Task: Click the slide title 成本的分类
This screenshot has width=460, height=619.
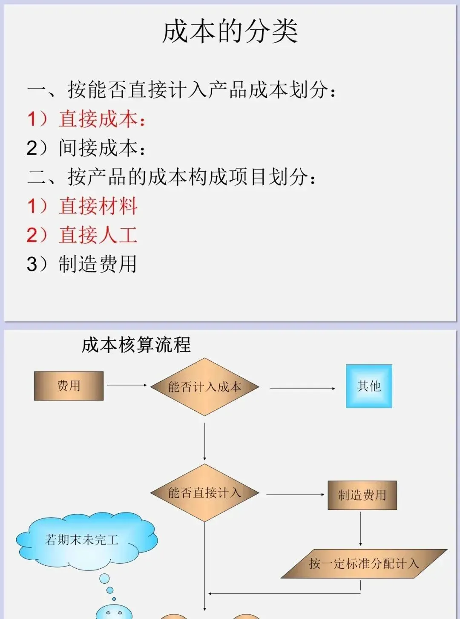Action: click(x=230, y=32)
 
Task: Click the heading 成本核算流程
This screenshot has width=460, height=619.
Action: click(x=136, y=345)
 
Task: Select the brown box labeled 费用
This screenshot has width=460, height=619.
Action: click(x=69, y=386)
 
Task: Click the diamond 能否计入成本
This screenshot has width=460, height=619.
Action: click(x=204, y=387)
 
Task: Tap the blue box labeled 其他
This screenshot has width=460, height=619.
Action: click(x=369, y=386)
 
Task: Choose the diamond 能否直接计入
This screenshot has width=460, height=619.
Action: click(x=204, y=493)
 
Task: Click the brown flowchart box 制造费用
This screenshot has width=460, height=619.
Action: click(x=362, y=495)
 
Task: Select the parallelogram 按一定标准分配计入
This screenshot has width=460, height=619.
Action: click(x=364, y=564)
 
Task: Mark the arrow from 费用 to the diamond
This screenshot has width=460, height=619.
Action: click(x=126, y=385)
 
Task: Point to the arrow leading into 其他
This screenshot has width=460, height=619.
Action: click(x=302, y=389)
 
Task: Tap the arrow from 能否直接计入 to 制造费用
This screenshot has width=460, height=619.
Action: click(x=295, y=495)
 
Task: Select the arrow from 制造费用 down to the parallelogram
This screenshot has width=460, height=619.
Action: click(x=360, y=528)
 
